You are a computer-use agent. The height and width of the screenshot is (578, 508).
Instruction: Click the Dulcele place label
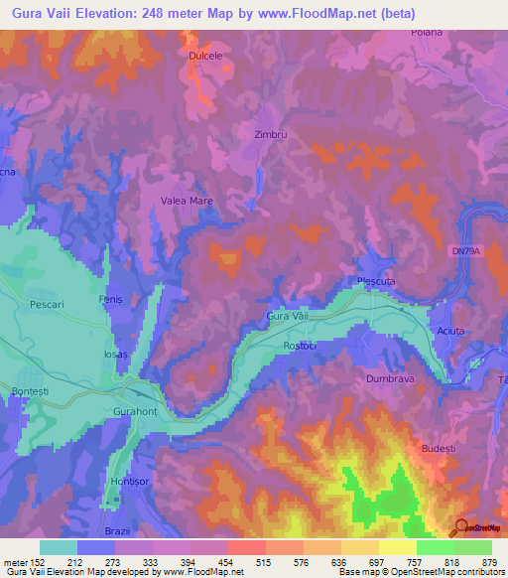[205, 57]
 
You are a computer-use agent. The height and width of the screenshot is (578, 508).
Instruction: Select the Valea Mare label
[188, 201]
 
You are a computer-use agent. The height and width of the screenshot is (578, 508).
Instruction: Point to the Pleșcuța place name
[376, 282]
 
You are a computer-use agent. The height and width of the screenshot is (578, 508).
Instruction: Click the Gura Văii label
[289, 316]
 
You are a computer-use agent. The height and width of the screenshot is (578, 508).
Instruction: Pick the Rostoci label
[299, 346]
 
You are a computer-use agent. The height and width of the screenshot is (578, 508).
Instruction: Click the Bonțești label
[29, 392]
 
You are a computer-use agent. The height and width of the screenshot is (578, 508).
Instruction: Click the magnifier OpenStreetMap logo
[461, 526]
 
